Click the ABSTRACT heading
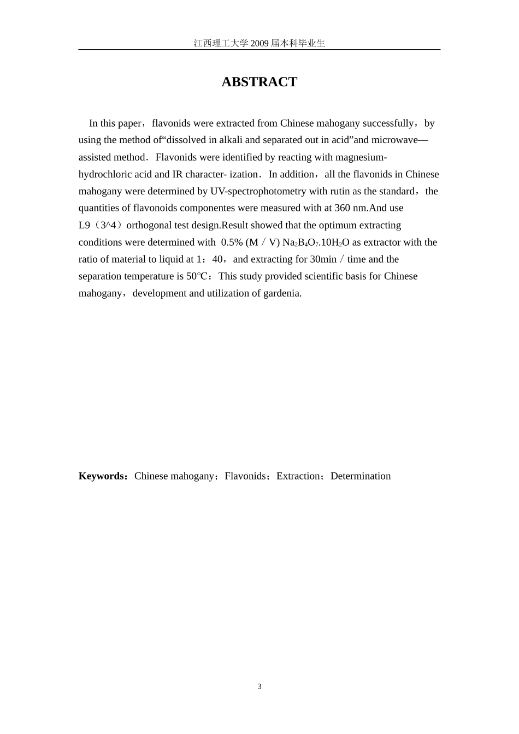pos(259,82)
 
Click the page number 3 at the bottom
pos(259,686)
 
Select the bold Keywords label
pos(102,476)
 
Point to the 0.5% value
pos(232,242)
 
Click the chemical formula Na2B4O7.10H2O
pos(316,242)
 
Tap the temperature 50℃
pos(199,276)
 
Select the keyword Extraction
pos(298,476)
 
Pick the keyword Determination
pos(361,476)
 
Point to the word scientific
pos(321,276)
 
